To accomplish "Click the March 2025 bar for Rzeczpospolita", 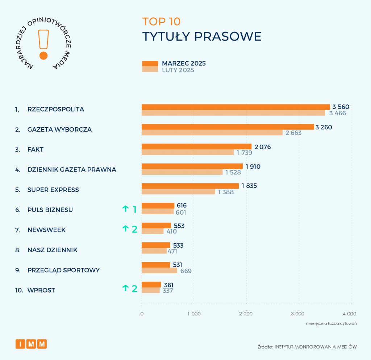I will pyautogui.click(x=235, y=107).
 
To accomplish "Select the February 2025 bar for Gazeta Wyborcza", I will pyautogui.click(x=212, y=133).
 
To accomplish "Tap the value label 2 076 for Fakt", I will pyautogui.click(x=263, y=147).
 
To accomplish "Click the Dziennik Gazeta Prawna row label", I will pyautogui.click(x=72, y=170).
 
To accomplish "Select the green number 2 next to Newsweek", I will pyautogui.click(x=134, y=229).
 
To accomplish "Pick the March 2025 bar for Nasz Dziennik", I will pyautogui.click(x=156, y=245).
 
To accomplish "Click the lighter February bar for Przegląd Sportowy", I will pyautogui.click(x=159, y=270).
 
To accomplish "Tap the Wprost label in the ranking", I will pyautogui.click(x=41, y=290).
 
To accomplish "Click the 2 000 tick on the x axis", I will pyautogui.click(x=246, y=314).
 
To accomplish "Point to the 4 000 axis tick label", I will pyautogui.click(x=350, y=314).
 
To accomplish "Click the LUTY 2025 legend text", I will pyautogui.click(x=178, y=70).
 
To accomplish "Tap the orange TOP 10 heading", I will pyautogui.click(x=161, y=21).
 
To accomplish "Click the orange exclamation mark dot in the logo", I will pyautogui.click(x=43, y=55).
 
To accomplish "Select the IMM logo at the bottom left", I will pyautogui.click(x=31, y=344).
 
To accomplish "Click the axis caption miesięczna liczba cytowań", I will pyautogui.click(x=331, y=323).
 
